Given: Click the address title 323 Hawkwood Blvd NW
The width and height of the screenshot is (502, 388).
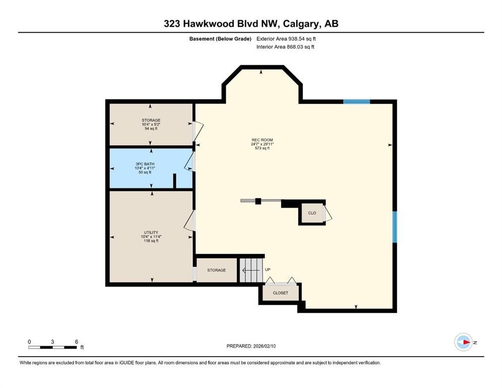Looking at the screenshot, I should click(x=251, y=24).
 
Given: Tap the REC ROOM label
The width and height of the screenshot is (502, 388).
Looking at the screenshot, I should click(x=262, y=140).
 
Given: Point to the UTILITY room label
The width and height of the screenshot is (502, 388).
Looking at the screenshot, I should click(x=151, y=232).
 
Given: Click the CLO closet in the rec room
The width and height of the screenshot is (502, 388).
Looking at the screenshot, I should click(x=312, y=213).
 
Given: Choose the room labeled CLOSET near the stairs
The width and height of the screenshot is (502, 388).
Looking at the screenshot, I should click(x=280, y=293).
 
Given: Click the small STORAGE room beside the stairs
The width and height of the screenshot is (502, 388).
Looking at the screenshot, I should click(x=216, y=270).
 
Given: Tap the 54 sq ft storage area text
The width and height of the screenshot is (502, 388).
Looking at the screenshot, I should click(x=151, y=129).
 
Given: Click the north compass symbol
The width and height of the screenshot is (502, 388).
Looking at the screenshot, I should click(x=463, y=342).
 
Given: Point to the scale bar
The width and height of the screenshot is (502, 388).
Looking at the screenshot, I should click(x=53, y=347).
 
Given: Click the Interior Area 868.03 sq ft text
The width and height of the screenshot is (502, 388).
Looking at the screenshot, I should click(x=286, y=47).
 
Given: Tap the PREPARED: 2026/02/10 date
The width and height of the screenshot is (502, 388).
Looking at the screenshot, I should click(x=251, y=346).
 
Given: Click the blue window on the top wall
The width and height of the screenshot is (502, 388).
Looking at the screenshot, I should click(x=356, y=102).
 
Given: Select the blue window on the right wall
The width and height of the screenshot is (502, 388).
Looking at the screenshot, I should click(x=395, y=226).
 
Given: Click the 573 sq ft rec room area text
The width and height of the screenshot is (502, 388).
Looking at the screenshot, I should click(x=262, y=149).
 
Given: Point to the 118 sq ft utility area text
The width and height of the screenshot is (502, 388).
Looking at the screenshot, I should click(x=151, y=241).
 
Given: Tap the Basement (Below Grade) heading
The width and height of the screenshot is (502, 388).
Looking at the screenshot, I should click(x=220, y=38).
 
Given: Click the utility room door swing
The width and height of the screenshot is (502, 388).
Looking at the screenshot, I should click(x=190, y=221).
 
